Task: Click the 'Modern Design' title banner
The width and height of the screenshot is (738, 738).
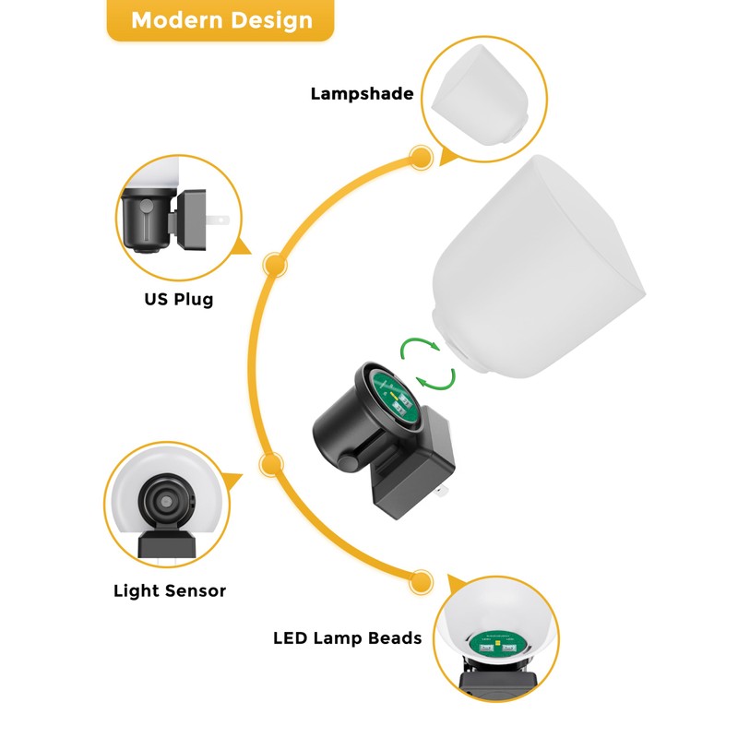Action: pyautogui.click(x=220, y=19)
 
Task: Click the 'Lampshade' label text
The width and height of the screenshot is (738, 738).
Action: pyautogui.click(x=362, y=94)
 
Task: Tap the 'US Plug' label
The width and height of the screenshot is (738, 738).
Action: pyautogui.click(x=179, y=299)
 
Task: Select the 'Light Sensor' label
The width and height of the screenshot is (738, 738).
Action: pyautogui.click(x=170, y=590)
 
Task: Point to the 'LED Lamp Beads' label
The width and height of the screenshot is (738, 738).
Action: pyautogui.click(x=348, y=638)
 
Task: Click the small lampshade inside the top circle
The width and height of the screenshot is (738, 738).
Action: pyautogui.click(x=481, y=94)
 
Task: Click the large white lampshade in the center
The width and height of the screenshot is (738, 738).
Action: pyautogui.click(x=539, y=267)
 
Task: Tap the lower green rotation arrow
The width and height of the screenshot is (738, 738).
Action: pyautogui.click(x=436, y=380)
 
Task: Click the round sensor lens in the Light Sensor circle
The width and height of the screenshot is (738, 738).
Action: pyautogui.click(x=165, y=502)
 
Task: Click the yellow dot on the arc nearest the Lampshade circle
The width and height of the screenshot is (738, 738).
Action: pyautogui.click(x=421, y=157)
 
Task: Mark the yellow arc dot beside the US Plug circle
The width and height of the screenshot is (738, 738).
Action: pyautogui.click(x=274, y=265)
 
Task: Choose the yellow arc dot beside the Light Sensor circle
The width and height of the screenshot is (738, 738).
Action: pyautogui.click(x=271, y=465)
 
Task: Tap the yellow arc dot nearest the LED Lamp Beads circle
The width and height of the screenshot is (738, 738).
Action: pyautogui.click(x=421, y=582)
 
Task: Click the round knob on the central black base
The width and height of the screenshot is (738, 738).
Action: pyautogui.click(x=350, y=464)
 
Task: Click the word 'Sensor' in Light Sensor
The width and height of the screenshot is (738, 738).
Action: pyautogui.click(x=196, y=590)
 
